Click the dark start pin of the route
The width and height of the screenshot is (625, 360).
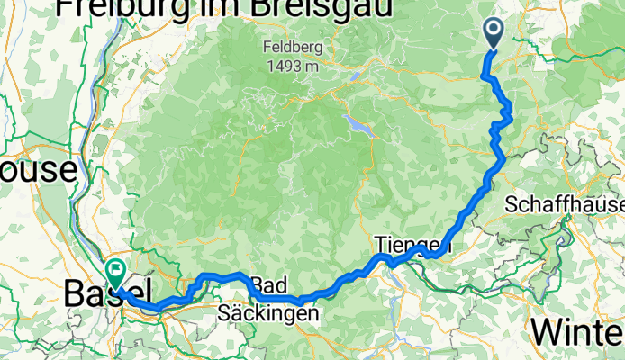(494, 32)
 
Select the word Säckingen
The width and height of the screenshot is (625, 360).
(268, 314)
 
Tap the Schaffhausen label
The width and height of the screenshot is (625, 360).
(565, 205)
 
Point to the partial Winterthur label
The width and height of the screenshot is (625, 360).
(577, 331)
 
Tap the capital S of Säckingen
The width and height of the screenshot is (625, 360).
(225, 314)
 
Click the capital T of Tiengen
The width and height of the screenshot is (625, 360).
(379, 245)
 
